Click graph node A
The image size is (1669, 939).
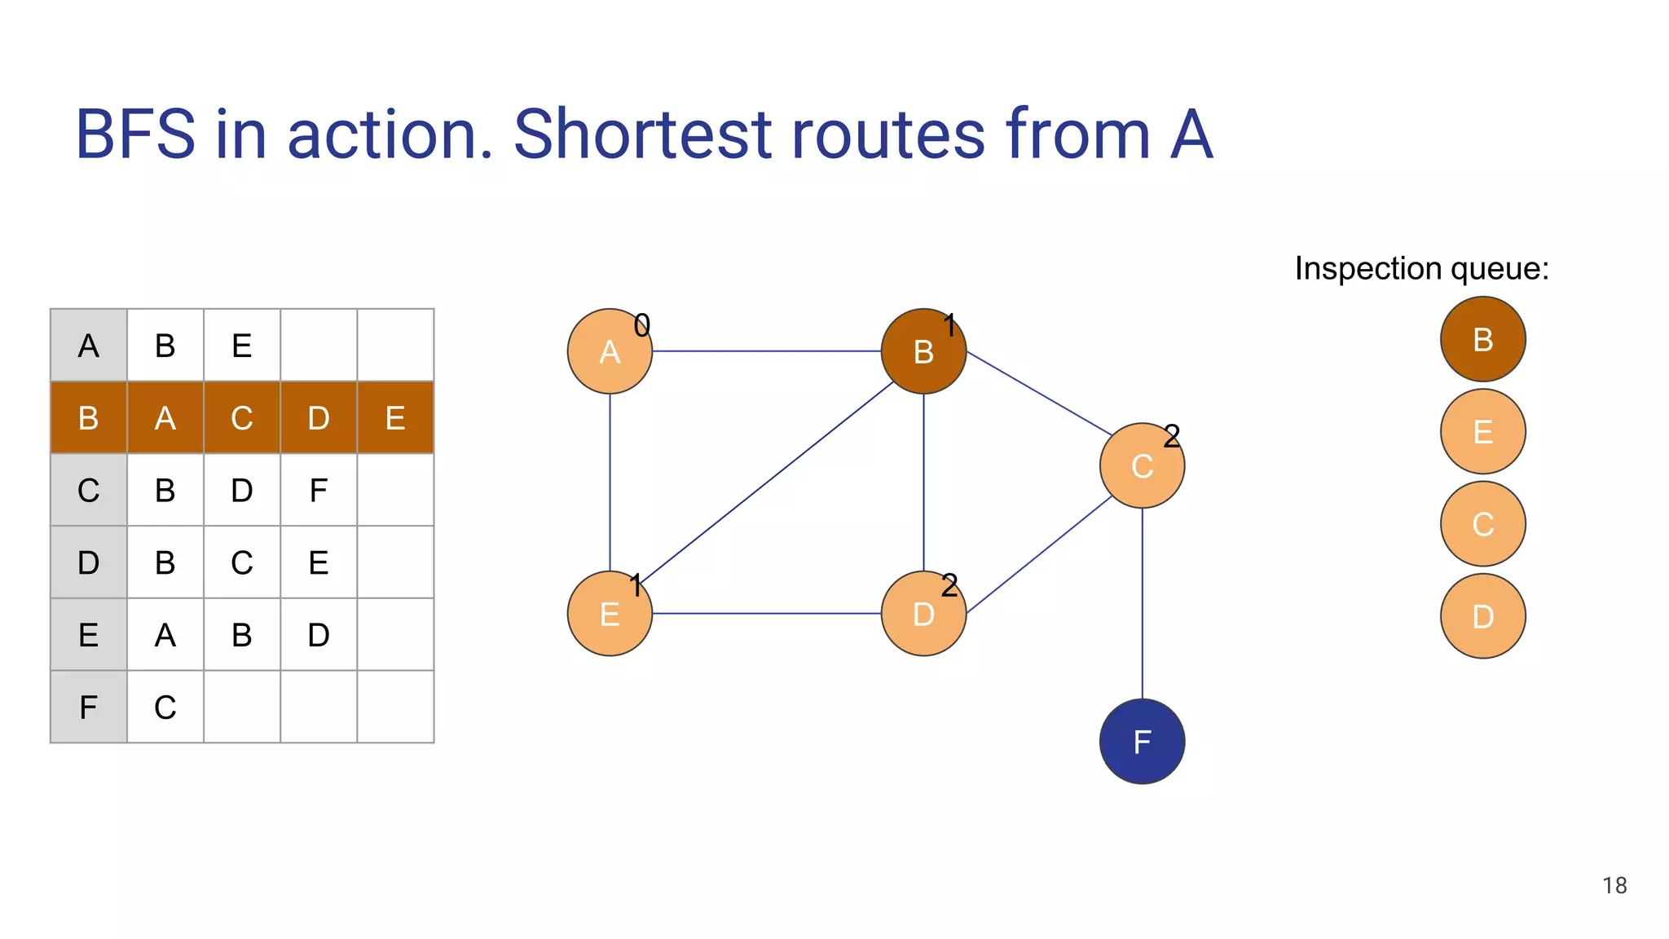point(609,351)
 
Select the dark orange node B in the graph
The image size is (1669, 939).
point(923,351)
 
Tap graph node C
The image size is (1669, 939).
point(1142,465)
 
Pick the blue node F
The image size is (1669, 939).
point(1142,742)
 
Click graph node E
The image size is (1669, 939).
point(609,614)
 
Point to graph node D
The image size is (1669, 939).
point(923,614)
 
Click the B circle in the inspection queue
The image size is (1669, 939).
point(1482,339)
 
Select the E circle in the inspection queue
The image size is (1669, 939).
point(1482,431)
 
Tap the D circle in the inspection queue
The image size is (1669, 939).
point(1482,616)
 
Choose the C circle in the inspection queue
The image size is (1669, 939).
point(1482,523)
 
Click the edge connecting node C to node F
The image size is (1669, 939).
point(1142,603)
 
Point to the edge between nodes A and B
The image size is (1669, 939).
point(766,351)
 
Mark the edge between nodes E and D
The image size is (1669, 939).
point(766,614)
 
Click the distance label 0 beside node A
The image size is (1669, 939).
point(642,326)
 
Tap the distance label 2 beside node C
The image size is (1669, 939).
point(1171,436)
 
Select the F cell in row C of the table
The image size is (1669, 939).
point(318,490)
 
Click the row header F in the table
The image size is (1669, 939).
point(88,707)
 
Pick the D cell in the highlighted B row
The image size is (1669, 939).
point(318,418)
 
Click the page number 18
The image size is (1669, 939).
point(1614,885)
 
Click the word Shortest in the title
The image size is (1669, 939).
point(642,134)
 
